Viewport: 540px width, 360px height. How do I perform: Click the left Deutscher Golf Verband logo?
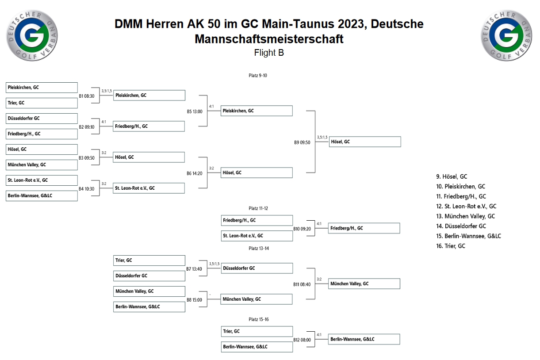(32, 35)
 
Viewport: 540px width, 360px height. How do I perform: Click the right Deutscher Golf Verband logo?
(506, 35)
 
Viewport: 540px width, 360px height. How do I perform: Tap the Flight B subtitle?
(269, 53)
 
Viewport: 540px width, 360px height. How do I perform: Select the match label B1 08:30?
(87, 96)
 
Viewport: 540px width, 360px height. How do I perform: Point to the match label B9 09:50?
(302, 142)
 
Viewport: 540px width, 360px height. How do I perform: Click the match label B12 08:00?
(302, 340)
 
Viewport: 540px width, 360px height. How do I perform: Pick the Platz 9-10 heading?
(258, 76)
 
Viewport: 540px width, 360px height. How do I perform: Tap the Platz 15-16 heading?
(258, 319)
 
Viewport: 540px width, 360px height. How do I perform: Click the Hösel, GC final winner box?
(365, 142)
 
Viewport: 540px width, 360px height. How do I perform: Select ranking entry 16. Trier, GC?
(451, 246)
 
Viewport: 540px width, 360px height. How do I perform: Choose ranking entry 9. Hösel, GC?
(452, 176)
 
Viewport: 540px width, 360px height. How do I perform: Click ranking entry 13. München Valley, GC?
(465, 216)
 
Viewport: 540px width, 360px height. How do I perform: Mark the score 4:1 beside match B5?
(211, 106)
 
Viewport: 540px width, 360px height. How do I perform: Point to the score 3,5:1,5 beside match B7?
(214, 264)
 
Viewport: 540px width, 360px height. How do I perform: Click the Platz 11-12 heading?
(258, 208)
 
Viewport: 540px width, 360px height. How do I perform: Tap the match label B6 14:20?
(194, 173)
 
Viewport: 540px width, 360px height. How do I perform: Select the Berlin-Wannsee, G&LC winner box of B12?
(364, 339)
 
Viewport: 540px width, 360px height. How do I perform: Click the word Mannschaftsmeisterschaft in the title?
(269, 39)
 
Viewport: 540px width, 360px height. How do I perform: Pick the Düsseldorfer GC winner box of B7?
(257, 268)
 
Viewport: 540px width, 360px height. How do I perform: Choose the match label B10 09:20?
(302, 229)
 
